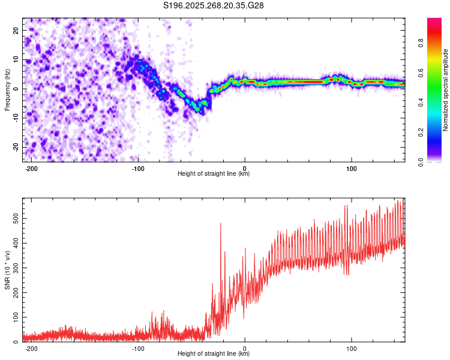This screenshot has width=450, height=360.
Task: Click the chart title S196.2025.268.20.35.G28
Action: click(x=213, y=5)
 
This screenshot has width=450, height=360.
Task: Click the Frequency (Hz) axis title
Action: click(x=7, y=90)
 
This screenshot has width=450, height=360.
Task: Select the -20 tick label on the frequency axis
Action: click(x=16, y=147)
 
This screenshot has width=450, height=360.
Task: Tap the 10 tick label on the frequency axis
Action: click(x=16, y=60)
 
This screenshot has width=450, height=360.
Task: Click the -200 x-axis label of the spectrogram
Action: click(x=31, y=169)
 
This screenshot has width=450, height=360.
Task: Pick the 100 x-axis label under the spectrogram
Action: click(x=351, y=169)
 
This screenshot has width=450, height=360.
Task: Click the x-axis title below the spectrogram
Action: click(x=214, y=173)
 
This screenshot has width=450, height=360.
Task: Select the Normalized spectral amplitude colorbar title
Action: click(x=445, y=90)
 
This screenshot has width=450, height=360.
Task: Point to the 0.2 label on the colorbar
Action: click(x=421, y=133)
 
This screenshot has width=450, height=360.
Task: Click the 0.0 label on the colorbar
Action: click(x=421, y=163)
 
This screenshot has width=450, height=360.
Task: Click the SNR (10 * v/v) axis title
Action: click(x=7, y=270)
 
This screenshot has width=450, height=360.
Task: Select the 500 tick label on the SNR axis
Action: click(x=16, y=219)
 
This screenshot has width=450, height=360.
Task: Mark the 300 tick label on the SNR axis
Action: click(x=16, y=268)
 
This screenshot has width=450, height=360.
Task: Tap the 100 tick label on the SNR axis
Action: click(x=16, y=317)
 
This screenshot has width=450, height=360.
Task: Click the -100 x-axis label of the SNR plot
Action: click(x=138, y=349)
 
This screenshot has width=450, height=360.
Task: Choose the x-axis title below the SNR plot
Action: click(x=214, y=353)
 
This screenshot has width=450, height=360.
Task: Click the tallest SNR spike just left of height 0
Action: click(x=221, y=223)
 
